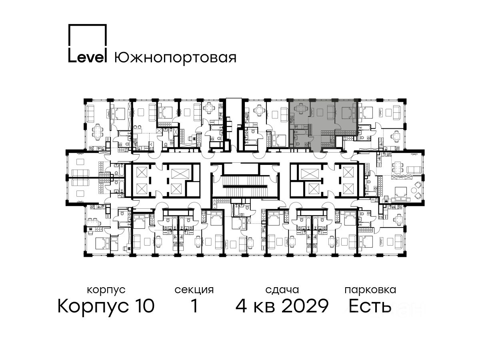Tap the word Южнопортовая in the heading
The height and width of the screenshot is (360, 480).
(175, 58)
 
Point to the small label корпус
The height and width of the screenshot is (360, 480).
(106, 290)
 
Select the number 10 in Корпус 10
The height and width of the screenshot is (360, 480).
(144, 306)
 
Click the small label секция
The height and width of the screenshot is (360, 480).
(194, 290)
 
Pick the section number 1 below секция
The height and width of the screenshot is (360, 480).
(194, 306)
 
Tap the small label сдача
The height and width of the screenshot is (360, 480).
(282, 290)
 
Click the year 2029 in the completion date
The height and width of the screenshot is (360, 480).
(305, 306)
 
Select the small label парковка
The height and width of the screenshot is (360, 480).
(370, 290)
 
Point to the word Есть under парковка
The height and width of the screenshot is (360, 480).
(370, 306)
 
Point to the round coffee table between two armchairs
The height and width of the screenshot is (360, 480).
(413, 190)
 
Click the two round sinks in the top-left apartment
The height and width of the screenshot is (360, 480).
(137, 127)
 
